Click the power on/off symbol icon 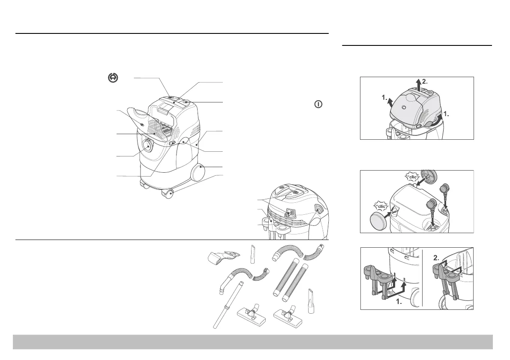[318, 104]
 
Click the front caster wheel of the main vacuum [168, 195]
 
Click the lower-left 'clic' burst [381, 205]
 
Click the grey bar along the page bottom [253, 342]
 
